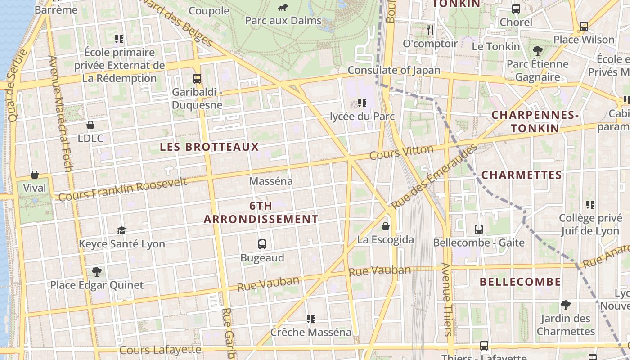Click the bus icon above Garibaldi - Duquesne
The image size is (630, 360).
197,79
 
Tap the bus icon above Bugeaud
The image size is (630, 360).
262,244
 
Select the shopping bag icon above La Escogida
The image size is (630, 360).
386,226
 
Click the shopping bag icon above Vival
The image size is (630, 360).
35,175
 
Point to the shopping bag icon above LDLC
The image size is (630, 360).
90,125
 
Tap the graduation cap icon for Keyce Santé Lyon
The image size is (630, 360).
121,231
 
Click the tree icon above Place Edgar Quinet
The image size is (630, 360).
96,271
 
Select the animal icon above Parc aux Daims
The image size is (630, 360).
283,7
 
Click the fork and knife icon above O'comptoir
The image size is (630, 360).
430,30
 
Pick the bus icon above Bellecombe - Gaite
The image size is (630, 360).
479,229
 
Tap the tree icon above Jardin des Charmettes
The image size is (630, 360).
566,305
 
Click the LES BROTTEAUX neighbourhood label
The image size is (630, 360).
209,147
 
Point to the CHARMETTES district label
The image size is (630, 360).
522,175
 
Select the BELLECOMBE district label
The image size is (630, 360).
520,282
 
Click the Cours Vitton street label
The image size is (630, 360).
401,153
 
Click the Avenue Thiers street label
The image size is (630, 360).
447,299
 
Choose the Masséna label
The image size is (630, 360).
271,181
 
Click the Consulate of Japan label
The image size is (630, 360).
394,70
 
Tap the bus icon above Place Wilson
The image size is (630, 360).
584,27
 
